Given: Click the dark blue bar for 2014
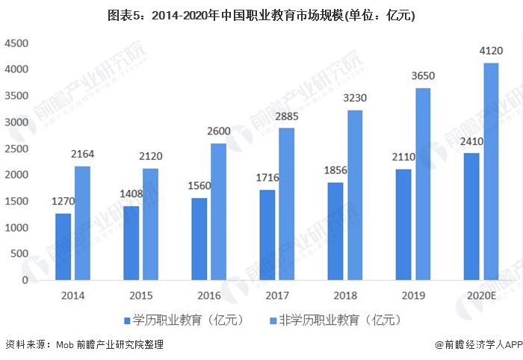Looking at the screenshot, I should click(x=64, y=246).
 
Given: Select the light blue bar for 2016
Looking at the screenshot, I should click(x=218, y=211).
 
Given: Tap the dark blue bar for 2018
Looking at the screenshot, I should click(x=335, y=231).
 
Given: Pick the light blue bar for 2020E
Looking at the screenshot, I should click(x=491, y=171).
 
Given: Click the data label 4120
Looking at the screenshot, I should click(x=490, y=51).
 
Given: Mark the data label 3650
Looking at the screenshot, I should click(x=423, y=75).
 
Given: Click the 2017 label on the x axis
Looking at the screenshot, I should click(x=276, y=295).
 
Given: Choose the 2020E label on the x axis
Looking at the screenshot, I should click(x=480, y=295).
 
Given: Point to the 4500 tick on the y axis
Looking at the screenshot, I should click(x=17, y=43).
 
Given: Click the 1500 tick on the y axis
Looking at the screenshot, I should click(x=17, y=202).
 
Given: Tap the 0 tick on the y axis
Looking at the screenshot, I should click(x=25, y=281).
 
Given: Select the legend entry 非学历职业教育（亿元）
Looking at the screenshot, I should click(x=336, y=320).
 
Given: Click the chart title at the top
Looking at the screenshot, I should click(x=261, y=14).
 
